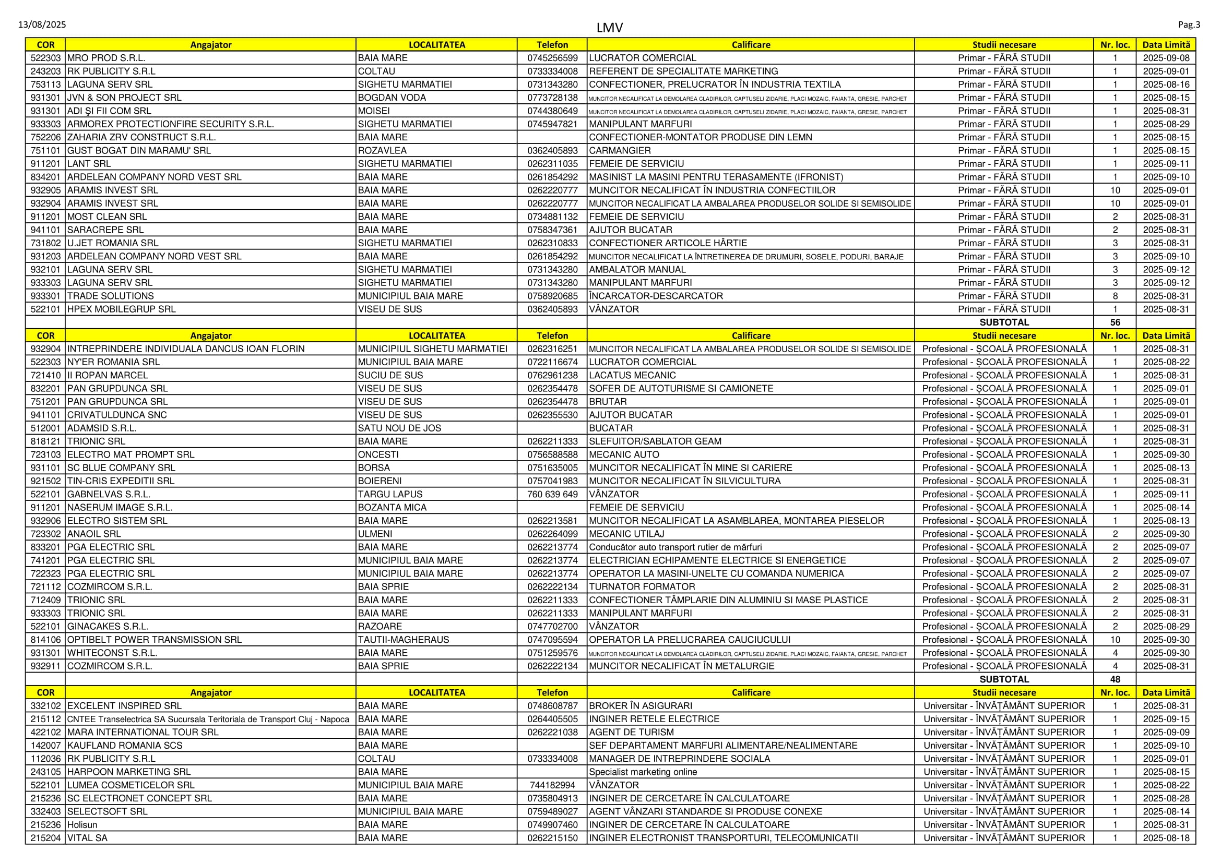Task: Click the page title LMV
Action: tap(609, 28)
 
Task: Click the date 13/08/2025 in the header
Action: tap(42, 25)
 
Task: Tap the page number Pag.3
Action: tap(1189, 25)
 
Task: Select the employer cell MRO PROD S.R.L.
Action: tap(106, 58)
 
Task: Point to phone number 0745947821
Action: tap(552, 124)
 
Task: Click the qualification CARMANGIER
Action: tap(620, 150)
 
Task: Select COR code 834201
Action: tap(46, 177)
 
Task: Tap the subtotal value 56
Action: tap(1115, 322)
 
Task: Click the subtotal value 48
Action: tap(1115, 679)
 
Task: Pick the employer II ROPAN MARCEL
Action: tap(108, 375)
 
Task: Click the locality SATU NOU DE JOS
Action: tap(399, 428)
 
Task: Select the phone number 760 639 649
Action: tap(552, 494)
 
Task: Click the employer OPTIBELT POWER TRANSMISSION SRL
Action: tap(154, 640)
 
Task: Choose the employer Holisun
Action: tap(82, 825)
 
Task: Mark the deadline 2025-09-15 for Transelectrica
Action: tap(1166, 719)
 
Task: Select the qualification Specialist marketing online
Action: tap(643, 772)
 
